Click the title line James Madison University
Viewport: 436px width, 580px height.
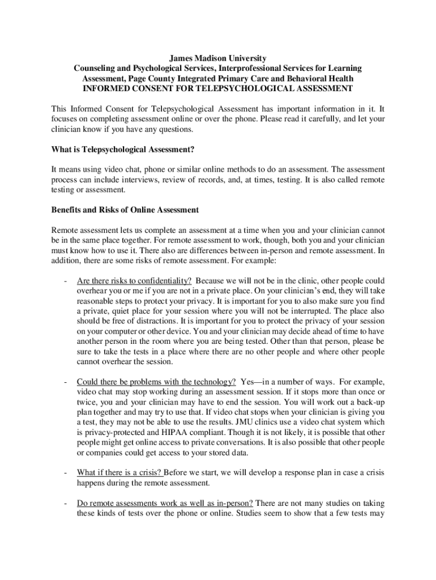coord(218,58)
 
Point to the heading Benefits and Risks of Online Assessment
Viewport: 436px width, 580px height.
coord(125,210)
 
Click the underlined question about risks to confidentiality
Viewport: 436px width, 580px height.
coord(134,280)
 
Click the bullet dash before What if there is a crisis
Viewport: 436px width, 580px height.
coord(67,472)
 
